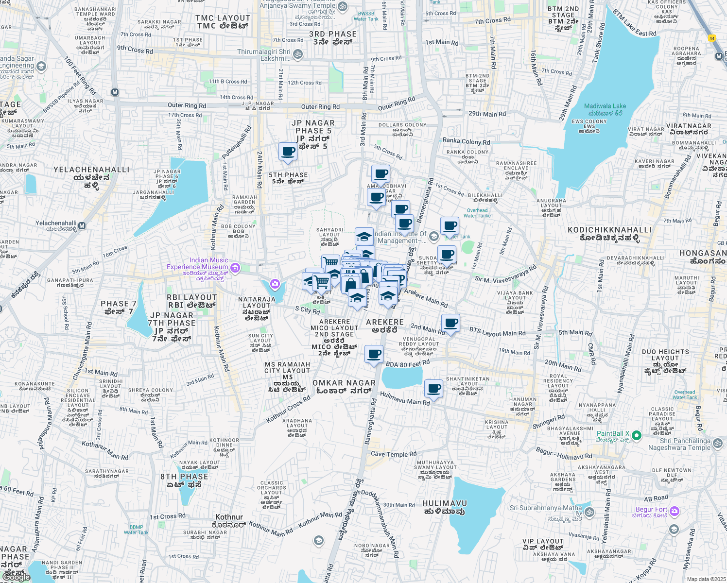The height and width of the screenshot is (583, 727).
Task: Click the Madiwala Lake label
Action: coord(605,106)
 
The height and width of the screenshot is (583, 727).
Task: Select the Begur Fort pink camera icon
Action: coord(674,511)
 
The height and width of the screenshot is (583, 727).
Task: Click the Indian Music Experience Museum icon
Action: coord(235,267)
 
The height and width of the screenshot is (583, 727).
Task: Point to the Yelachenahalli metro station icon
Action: coord(82,225)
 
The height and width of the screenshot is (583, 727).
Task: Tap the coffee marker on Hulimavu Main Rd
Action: coord(433,389)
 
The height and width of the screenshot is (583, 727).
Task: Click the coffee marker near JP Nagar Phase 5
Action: coord(288,152)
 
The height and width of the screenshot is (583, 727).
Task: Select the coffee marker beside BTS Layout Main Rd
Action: coord(450,323)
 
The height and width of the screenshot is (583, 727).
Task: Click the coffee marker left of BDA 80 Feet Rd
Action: coord(374,354)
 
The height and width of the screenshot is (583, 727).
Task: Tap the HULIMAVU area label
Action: coord(444,503)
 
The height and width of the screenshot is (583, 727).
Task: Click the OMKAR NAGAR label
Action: coord(344,383)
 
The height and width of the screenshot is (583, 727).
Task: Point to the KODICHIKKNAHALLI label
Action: coord(609,230)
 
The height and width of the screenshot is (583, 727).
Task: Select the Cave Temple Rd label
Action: coord(394,454)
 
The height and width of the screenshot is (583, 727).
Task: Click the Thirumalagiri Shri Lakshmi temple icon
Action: coord(298,54)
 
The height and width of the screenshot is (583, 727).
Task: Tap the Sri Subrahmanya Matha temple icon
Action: coord(589,512)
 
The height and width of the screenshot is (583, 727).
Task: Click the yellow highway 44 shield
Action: coord(712,38)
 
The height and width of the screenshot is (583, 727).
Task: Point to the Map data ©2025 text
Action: coord(706,579)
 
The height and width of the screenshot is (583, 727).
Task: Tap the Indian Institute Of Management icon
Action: coord(434,236)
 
